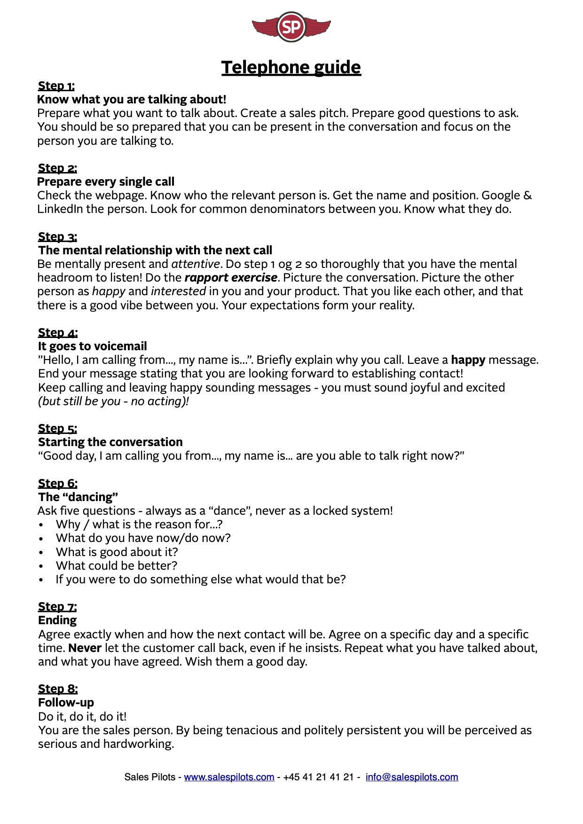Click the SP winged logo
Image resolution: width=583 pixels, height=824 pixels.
pos(291,27)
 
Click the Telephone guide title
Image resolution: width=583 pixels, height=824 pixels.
pos(291,67)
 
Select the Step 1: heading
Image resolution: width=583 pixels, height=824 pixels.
pos(56,86)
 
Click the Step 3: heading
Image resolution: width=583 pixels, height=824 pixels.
pos(57,237)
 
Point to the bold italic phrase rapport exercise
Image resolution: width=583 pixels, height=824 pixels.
pos(231,278)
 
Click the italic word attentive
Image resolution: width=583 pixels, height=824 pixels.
pos(196,264)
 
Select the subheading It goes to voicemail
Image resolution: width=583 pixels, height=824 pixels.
pos(93,346)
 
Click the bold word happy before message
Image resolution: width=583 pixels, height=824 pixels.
pos(468,360)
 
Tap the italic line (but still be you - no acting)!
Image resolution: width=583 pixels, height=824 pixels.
pos(113,401)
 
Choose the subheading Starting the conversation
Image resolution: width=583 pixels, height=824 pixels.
pos(110,442)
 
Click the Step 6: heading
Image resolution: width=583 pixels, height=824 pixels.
pos(58,484)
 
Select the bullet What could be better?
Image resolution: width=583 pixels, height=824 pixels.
pos(117,566)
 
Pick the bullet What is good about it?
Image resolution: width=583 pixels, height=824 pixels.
pos(117,552)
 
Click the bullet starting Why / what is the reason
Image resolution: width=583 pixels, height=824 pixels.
pos(139,525)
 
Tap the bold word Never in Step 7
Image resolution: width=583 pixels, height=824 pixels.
pos(85,648)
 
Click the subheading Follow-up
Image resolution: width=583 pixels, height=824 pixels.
pos(66,703)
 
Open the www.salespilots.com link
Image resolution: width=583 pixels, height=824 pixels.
pos(229,777)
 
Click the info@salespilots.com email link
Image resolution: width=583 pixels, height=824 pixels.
pos(412,777)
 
